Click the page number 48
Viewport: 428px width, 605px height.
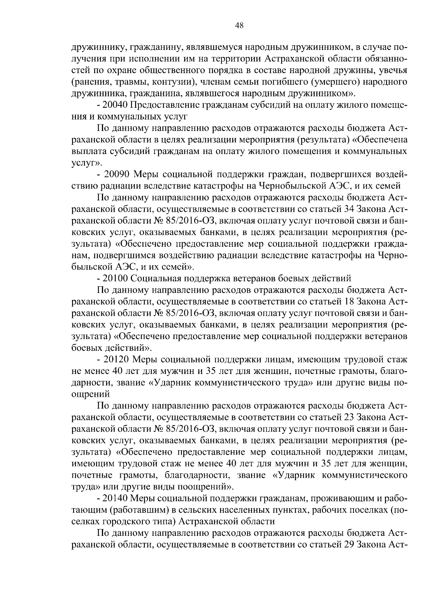coord(239,25)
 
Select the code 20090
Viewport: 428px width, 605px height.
coord(119,175)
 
